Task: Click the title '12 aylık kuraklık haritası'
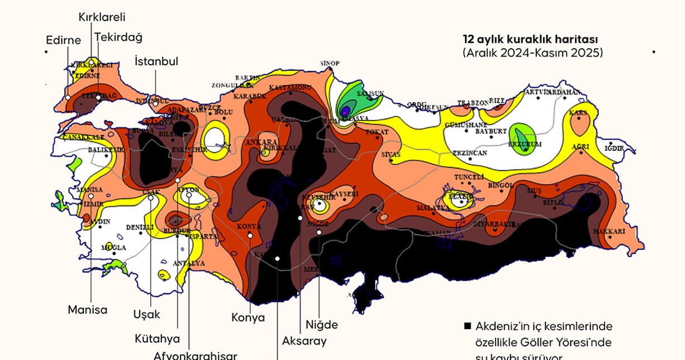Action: pos(530,40)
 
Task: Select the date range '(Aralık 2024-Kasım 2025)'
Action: pos(532,53)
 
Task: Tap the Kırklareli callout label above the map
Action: pos(102,17)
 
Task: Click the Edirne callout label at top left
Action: pos(64,40)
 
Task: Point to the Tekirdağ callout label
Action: pos(118,37)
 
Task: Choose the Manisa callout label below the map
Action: pos(88,309)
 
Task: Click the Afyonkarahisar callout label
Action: pos(196,355)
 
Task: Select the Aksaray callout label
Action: pos(305,340)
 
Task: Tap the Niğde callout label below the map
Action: pos(322,324)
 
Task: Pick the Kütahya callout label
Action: pos(158,338)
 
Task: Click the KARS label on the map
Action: pos(578,113)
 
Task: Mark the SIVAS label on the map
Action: pos(391,153)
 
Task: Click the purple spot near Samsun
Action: pos(345,110)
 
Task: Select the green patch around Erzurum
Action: pos(523,136)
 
